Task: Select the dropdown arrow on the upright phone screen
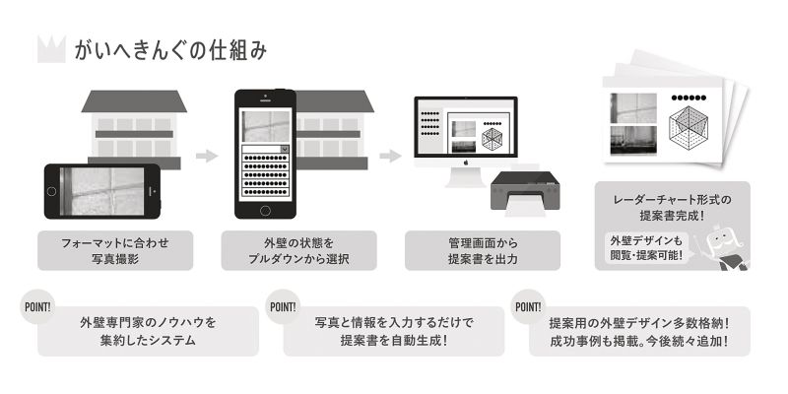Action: (x=285, y=149)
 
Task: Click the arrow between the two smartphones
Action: (x=206, y=156)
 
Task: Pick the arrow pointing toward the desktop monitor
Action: (x=390, y=156)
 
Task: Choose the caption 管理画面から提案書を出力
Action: (x=482, y=251)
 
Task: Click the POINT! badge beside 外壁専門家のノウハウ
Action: (x=36, y=304)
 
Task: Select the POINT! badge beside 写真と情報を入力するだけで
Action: (x=283, y=304)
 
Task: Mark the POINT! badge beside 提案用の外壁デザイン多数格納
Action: (x=529, y=304)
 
